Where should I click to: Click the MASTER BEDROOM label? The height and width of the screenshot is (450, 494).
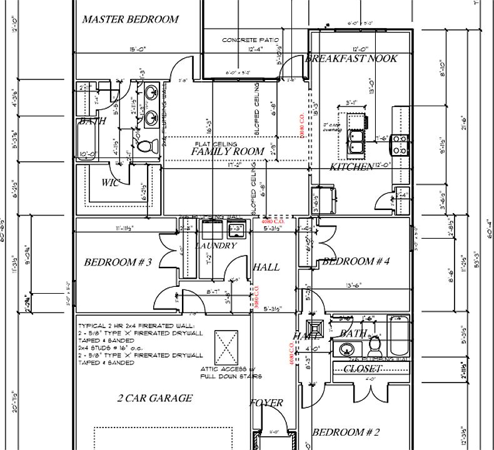click(x=130, y=19)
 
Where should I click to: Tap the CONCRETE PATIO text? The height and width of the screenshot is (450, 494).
click(x=249, y=40)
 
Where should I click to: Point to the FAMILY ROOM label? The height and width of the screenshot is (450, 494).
click(x=228, y=151)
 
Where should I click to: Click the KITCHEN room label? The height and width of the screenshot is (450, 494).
click(x=351, y=167)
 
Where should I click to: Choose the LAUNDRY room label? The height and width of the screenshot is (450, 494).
click(x=216, y=246)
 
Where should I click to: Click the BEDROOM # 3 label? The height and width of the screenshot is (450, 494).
click(x=118, y=262)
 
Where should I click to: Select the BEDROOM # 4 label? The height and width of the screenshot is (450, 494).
click(x=356, y=262)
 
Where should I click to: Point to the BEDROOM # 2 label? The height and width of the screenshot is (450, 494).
click(x=346, y=432)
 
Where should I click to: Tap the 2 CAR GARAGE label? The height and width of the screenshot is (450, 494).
click(x=155, y=398)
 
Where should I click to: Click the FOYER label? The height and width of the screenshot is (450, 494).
click(x=266, y=403)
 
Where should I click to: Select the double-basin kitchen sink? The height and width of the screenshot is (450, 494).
click(x=357, y=141)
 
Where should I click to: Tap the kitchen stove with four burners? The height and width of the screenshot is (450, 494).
click(x=400, y=146)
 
